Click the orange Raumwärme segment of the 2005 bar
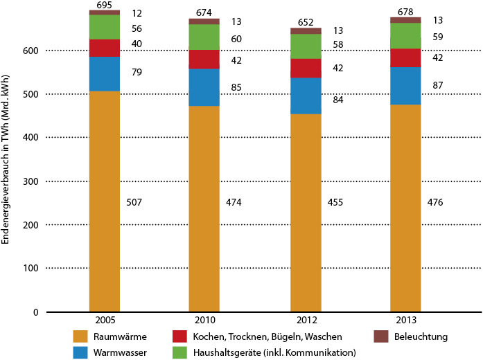[105, 201]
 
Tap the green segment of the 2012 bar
[306, 46]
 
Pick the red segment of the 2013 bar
[405, 58]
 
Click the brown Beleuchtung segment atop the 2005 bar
[105, 12]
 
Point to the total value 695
[105, 5]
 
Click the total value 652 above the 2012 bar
[306, 22]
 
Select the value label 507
[136, 202]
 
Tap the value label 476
[435, 202]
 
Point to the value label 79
[136, 71]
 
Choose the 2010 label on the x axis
[205, 321]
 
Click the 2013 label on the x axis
[405, 321]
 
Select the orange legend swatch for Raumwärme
[80, 336]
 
